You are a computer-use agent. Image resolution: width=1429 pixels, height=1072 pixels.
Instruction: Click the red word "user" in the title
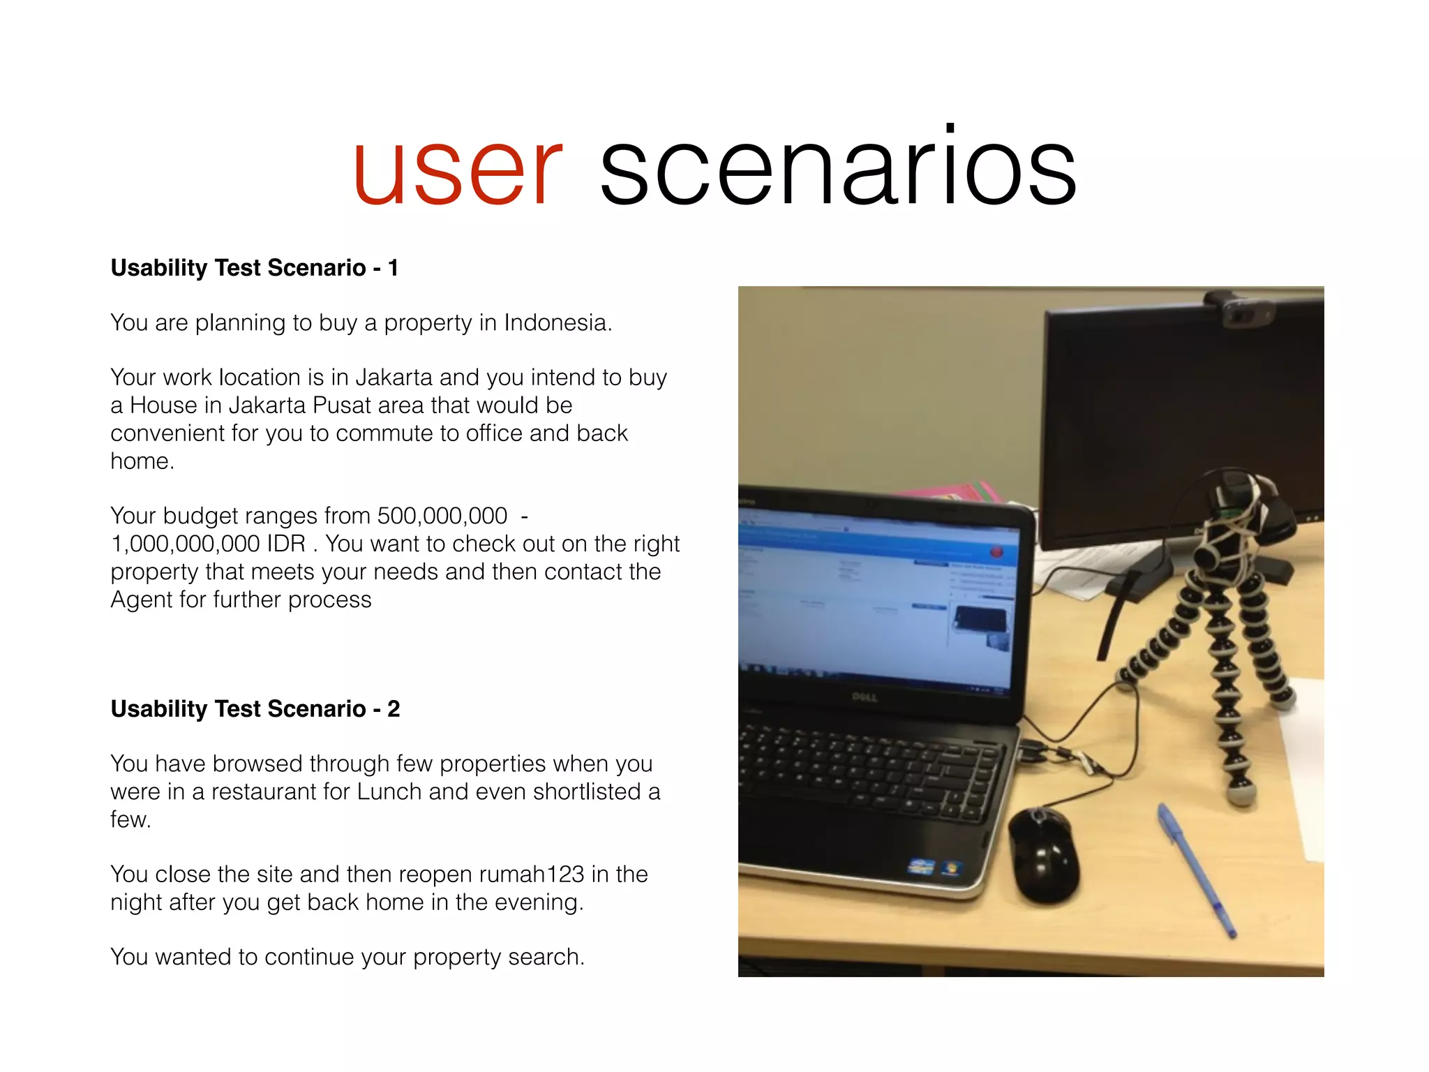[457, 171]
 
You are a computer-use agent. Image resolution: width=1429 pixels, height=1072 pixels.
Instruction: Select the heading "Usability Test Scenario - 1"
[255, 268]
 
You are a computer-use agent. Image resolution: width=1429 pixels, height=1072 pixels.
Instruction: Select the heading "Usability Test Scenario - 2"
[255, 709]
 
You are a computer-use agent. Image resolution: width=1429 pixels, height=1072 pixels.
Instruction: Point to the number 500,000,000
[442, 516]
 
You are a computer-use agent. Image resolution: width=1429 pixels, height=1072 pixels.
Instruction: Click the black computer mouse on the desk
[1043, 855]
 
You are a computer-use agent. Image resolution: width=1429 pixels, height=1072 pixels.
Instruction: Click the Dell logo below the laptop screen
[864, 697]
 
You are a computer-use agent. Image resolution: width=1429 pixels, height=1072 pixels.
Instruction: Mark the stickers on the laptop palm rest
[935, 868]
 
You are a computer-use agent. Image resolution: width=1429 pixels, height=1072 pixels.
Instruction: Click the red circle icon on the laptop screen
[996, 552]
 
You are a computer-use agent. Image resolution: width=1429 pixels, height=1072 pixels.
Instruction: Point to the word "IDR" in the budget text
[286, 544]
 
